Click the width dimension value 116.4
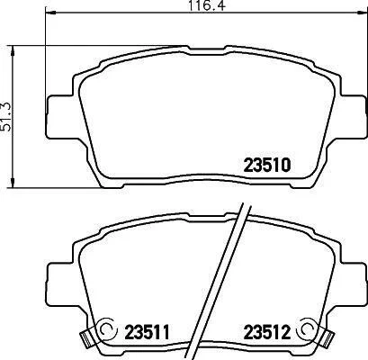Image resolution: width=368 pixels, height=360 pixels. click(x=207, y=5)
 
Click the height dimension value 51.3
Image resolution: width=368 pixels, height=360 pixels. click(x=6, y=116)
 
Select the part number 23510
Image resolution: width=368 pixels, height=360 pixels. click(x=267, y=166)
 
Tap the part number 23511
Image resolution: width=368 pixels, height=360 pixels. click(x=148, y=332)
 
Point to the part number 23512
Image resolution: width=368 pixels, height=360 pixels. click(x=267, y=332)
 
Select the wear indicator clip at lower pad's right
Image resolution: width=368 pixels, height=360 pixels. click(x=326, y=337)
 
